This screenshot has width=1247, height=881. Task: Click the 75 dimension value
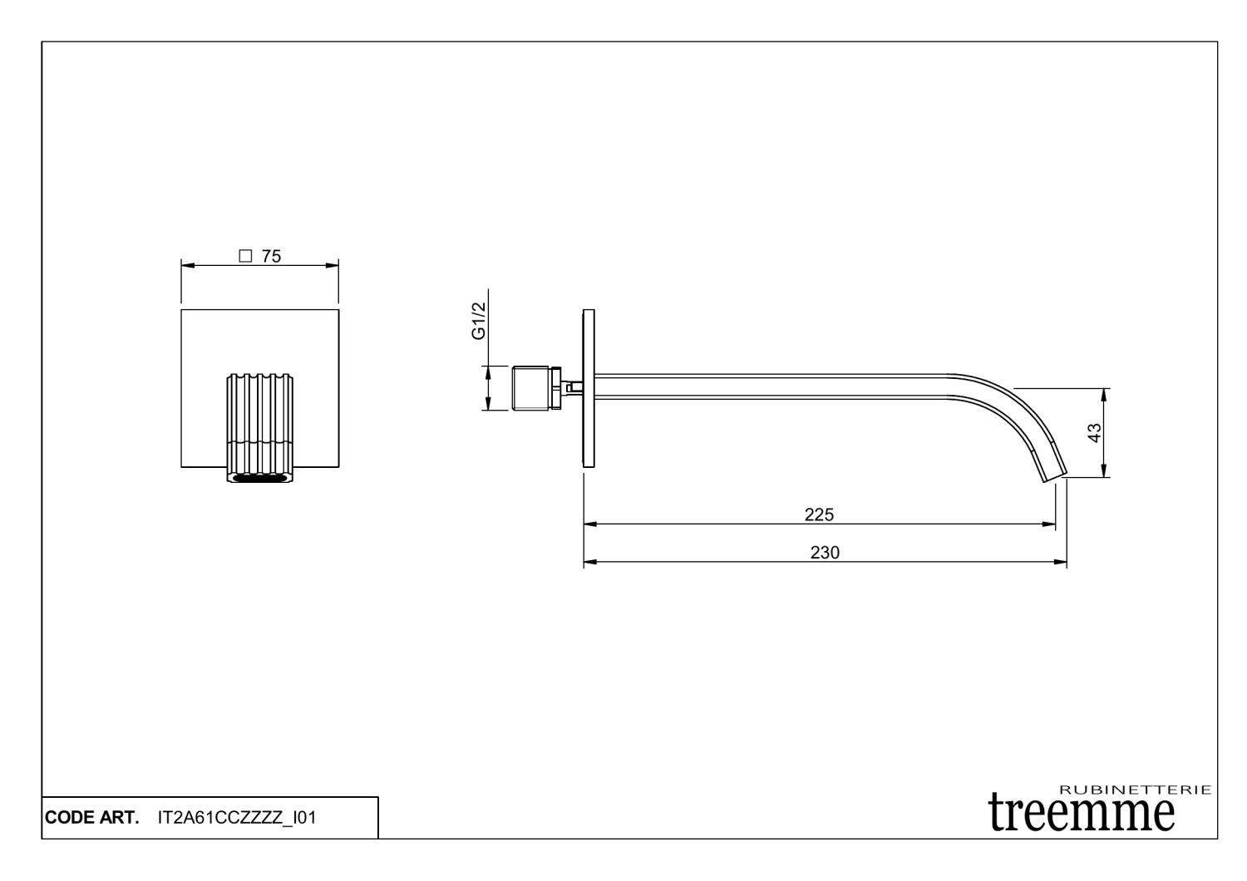[x=271, y=257]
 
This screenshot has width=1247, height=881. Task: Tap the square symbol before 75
[x=245, y=257]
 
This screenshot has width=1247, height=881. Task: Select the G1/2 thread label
[x=478, y=322]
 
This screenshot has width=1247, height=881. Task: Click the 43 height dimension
[x=1095, y=432]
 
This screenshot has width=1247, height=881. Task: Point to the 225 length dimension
[x=819, y=514]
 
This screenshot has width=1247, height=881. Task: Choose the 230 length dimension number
[x=825, y=553]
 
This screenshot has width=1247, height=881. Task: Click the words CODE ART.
[x=91, y=818]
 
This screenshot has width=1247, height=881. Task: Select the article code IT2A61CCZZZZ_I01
[x=236, y=818]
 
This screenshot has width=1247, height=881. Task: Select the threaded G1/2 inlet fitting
[x=535, y=387]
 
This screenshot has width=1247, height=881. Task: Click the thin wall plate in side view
[x=589, y=388]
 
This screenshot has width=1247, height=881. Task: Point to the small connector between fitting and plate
[x=571, y=386]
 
